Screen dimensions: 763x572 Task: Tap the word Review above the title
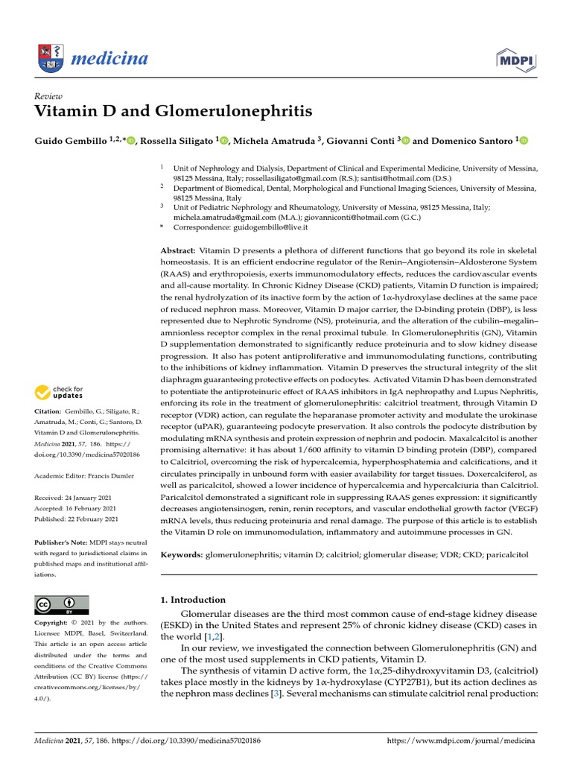point(48,96)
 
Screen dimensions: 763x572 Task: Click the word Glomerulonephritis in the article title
point(233,113)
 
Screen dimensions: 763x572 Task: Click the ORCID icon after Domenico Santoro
point(523,140)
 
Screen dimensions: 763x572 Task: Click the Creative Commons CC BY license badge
point(62,604)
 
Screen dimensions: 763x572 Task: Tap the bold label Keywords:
point(182,555)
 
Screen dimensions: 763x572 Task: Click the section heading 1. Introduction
point(193,600)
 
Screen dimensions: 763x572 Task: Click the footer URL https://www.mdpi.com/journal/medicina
point(462,741)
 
